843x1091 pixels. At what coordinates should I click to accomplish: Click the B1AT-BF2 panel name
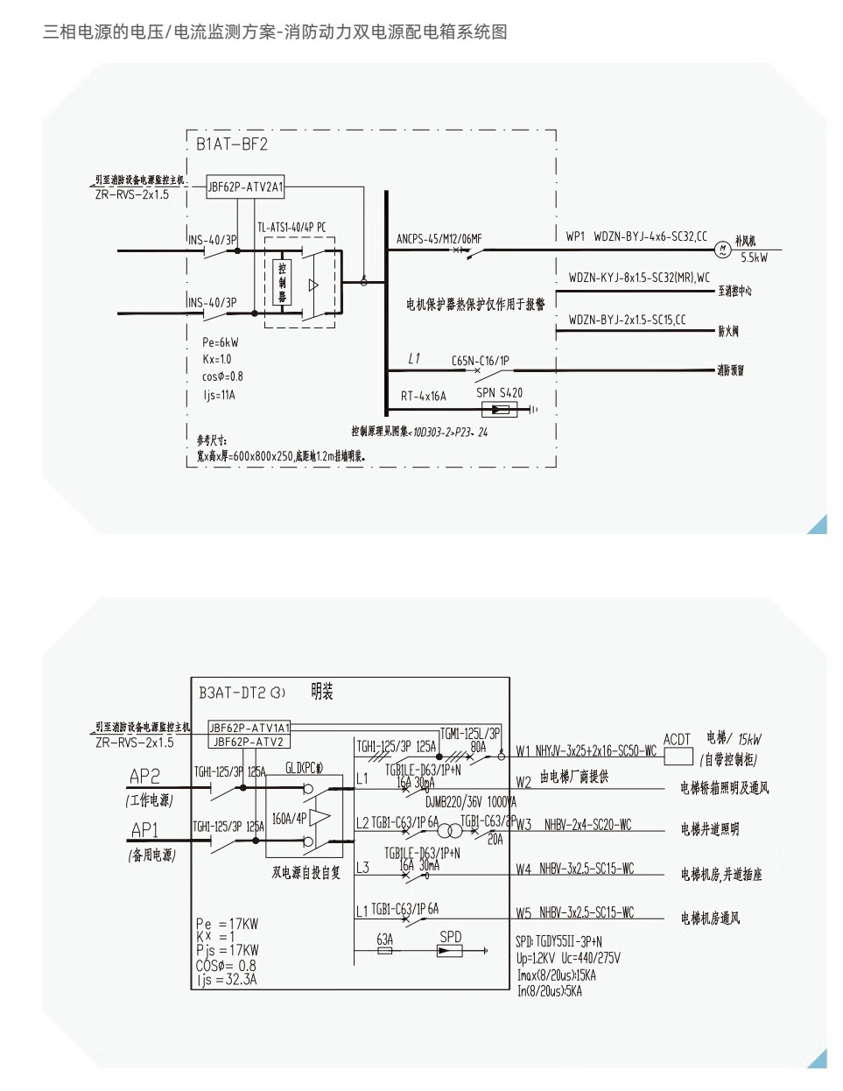point(232,144)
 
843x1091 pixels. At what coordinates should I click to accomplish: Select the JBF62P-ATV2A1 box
point(246,187)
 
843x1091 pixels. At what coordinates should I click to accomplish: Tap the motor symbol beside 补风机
point(722,250)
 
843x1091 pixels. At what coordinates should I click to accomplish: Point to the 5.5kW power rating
point(754,258)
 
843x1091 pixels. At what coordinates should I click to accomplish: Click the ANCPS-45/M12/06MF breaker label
point(439,238)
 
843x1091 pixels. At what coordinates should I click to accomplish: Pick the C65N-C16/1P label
point(480,361)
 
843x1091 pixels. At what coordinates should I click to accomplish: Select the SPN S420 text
point(499,393)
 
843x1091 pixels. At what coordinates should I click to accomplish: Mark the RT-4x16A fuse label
point(423,396)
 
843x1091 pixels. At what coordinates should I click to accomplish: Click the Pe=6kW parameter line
point(220,342)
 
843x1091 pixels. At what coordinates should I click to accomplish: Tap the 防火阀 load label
point(728,331)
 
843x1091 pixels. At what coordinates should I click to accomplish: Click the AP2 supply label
point(144,776)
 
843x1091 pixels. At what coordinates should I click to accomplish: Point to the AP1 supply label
point(144,829)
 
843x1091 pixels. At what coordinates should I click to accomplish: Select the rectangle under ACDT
point(678,757)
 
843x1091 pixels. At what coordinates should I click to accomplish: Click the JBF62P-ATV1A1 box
point(249,728)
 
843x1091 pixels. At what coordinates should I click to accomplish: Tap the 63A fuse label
point(384,940)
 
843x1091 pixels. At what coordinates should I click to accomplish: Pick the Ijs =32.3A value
point(227,980)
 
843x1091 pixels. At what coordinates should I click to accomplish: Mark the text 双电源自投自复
point(306,873)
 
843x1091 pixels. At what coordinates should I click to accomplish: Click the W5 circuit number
point(523,913)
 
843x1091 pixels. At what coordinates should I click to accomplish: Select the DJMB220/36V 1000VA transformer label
point(471,802)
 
